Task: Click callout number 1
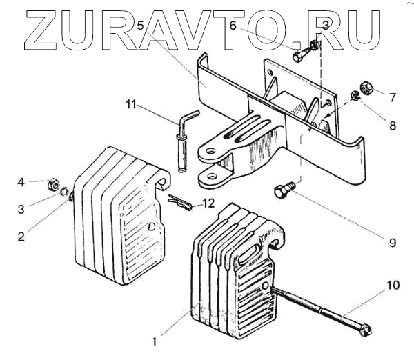[155, 340]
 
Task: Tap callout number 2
[21, 235]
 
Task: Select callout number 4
[21, 182]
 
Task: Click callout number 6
[233, 26]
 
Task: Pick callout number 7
[393, 97]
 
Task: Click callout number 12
[208, 203]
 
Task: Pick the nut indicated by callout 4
[51, 185]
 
